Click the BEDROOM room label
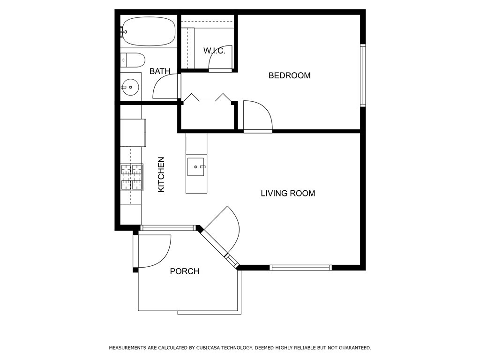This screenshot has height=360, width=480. click(289, 75)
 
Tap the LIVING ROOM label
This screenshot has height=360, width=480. click(288, 193)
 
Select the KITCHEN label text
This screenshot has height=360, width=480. click(161, 174)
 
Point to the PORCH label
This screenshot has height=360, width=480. click(185, 271)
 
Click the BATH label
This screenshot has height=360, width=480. click(160, 71)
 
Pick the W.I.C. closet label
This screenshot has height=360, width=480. click(214, 51)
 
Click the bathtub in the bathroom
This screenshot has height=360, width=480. click(148, 31)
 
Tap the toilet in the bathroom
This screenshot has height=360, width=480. click(132, 60)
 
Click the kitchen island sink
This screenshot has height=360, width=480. click(196, 167)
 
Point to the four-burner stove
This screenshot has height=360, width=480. click(132, 177)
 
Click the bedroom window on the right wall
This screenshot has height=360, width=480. click(363, 75)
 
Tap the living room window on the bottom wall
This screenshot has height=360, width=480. click(300, 268)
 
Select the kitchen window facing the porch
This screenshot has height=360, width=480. click(168, 228)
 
